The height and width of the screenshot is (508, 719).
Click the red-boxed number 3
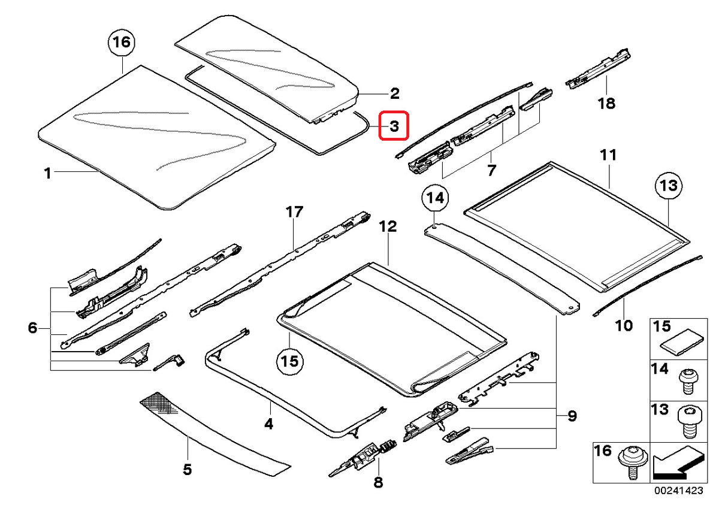(394, 126)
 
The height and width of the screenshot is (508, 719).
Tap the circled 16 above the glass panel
(121, 43)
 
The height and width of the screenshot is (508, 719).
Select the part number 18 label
(606, 104)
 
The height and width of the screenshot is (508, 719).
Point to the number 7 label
(491, 170)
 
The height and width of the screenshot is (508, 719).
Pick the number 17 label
(295, 212)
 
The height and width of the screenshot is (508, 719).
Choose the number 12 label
(388, 227)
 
